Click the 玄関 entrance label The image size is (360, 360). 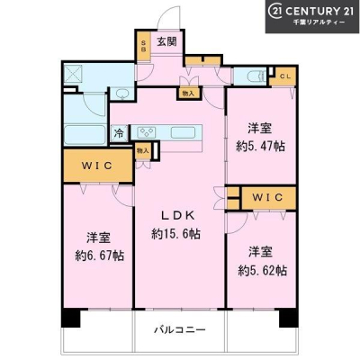click(166, 41)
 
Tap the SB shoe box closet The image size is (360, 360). click(143, 46)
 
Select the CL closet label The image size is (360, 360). click(285, 76)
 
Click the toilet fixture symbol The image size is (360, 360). click(256, 76)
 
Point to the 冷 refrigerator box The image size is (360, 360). click(120, 133)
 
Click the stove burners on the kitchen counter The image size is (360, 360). click(147, 132)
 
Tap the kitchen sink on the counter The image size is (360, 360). click(183, 132)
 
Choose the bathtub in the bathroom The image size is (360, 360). click(85, 135)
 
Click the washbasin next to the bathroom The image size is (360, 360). click(121, 94)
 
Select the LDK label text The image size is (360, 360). click(178, 215)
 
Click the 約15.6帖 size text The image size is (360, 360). click(175, 234)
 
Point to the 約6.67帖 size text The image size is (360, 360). click(99, 256)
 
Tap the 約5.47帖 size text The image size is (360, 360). click(260, 146)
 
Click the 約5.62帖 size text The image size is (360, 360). click(262, 270)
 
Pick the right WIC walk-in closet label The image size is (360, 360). click(267, 197)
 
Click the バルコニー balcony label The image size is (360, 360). click(180, 329)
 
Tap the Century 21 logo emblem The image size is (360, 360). click(275, 12)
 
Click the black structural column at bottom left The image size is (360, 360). click(71, 318)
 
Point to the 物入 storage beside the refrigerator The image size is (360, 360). click(142, 151)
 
